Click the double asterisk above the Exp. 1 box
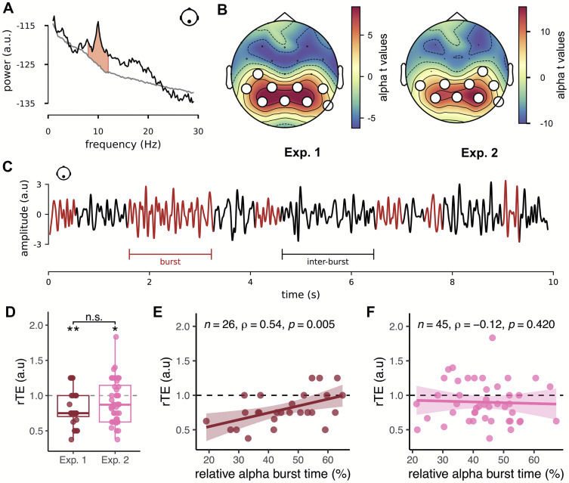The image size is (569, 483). (x=73, y=329)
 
